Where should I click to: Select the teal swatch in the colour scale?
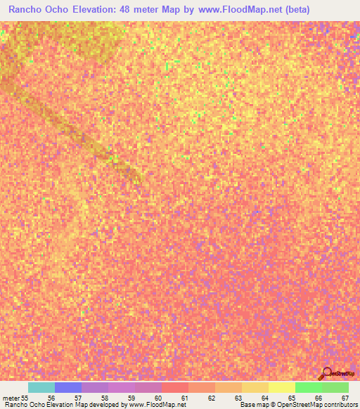click(x=41, y=387)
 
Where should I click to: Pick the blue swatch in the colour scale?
click(x=68, y=387)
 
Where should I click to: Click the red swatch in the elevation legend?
click(x=175, y=387)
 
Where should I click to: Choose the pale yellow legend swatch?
click(x=282, y=387)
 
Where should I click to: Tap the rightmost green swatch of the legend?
click(x=335, y=387)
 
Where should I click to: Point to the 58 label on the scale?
click(x=105, y=397)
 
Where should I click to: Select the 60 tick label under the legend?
click(x=158, y=397)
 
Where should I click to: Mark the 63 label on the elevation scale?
click(x=238, y=397)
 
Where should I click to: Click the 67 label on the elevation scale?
click(x=345, y=397)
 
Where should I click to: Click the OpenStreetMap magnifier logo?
click(x=327, y=373)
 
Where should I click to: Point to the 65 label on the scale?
click(x=292, y=397)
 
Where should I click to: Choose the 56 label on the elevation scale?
click(x=51, y=397)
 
